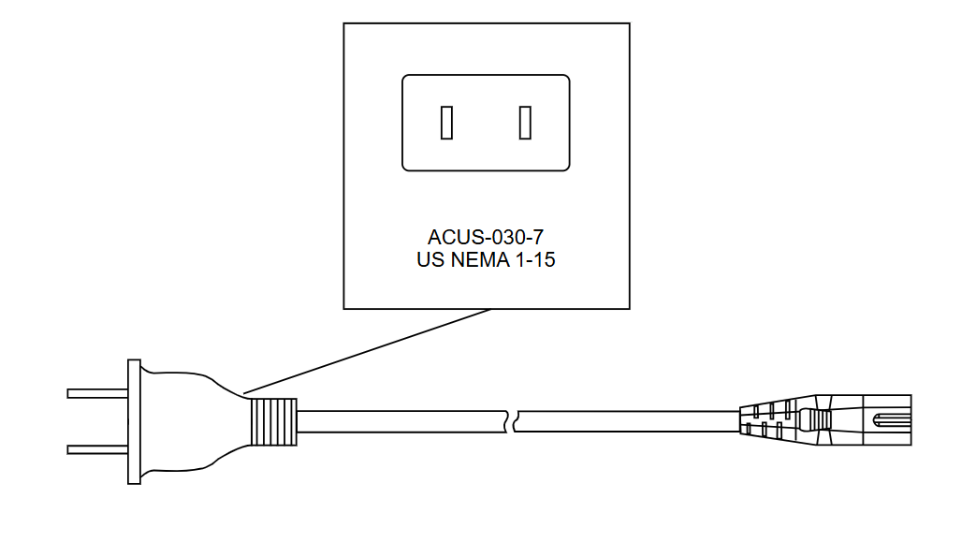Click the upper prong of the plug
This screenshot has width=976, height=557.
97,394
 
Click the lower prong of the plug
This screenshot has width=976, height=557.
97,450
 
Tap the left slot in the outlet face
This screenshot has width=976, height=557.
446,123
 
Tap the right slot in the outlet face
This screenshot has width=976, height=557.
525,123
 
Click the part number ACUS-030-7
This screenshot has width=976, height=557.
486,238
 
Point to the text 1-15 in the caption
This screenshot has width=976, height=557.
534,260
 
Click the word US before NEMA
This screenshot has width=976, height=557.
430,260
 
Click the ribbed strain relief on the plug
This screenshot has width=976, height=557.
273,422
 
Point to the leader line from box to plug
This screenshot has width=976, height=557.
367,351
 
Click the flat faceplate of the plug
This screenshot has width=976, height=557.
134,422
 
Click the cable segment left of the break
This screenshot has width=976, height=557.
402,422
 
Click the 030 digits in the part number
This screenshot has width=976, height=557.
504,238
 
